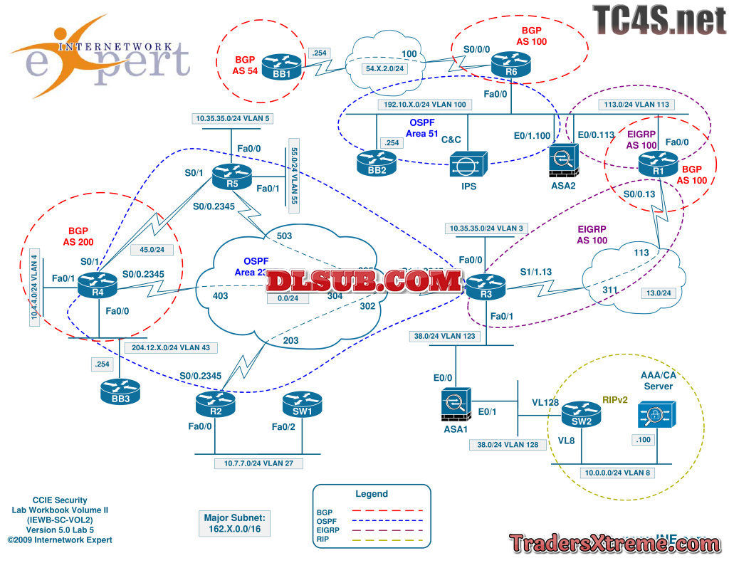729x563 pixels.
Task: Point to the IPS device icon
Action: coord(467,165)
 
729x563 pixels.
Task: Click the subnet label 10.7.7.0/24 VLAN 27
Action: coord(259,463)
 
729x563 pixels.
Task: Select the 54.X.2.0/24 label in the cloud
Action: coord(385,68)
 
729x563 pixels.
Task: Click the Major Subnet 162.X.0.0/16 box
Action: coord(235,523)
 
